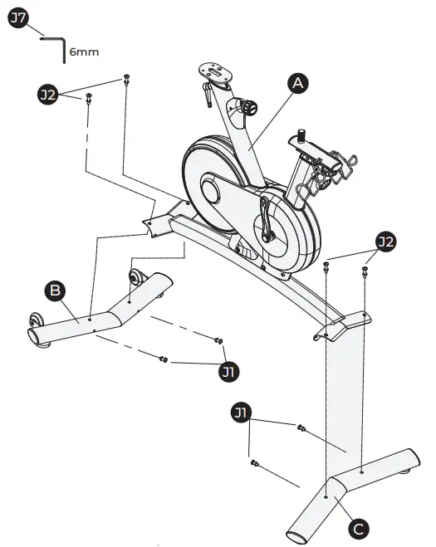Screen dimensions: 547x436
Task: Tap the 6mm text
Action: point(84,51)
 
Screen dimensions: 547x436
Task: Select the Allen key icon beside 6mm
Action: point(55,46)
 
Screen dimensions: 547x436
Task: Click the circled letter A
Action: point(298,83)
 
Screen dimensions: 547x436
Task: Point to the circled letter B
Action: point(55,291)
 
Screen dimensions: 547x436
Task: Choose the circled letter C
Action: point(358,527)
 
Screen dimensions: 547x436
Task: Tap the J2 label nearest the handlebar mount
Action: point(385,242)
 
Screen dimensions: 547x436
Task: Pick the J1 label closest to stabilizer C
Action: point(241,412)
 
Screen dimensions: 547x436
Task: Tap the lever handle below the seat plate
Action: point(204,96)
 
